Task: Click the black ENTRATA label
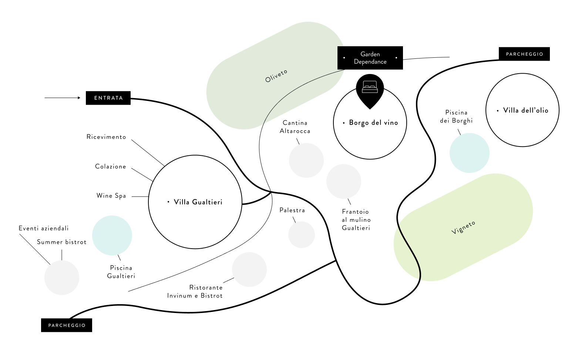108,98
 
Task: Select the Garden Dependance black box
370,58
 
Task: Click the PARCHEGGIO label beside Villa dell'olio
524,54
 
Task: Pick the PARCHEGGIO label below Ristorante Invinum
67,325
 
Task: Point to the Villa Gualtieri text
198,202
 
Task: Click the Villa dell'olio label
525,110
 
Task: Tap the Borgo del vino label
373,123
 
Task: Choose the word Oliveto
276,76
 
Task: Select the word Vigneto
463,227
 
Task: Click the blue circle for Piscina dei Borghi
469,153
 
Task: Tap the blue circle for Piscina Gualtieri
112,235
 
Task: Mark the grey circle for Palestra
302,235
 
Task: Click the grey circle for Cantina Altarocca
306,161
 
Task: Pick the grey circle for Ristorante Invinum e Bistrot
249,269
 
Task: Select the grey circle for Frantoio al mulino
343,181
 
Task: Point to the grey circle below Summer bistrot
62,277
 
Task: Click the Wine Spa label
111,196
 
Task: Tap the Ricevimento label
106,137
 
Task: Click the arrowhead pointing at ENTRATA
79,98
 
